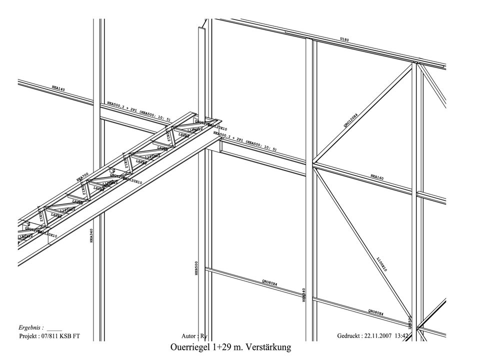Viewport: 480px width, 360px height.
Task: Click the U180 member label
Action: tap(345, 39)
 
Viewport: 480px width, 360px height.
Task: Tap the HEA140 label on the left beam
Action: tap(58, 88)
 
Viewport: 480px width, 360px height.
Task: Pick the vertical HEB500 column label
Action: tap(196, 268)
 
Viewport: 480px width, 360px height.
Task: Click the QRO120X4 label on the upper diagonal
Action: tap(350, 120)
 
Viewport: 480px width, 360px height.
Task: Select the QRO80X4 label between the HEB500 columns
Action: tap(269, 283)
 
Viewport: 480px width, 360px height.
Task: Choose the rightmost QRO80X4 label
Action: tap(375, 312)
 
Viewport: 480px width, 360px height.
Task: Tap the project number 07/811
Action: tap(56, 336)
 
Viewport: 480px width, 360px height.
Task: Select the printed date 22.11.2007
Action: tap(380, 336)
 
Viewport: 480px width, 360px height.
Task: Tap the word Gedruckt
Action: tap(346, 336)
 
